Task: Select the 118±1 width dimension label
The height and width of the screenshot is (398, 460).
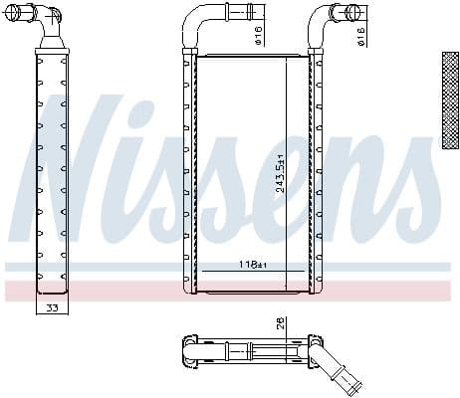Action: click(x=253, y=265)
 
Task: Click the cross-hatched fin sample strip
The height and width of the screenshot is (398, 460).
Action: click(x=449, y=99)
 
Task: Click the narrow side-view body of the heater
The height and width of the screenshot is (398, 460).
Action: click(x=52, y=169)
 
